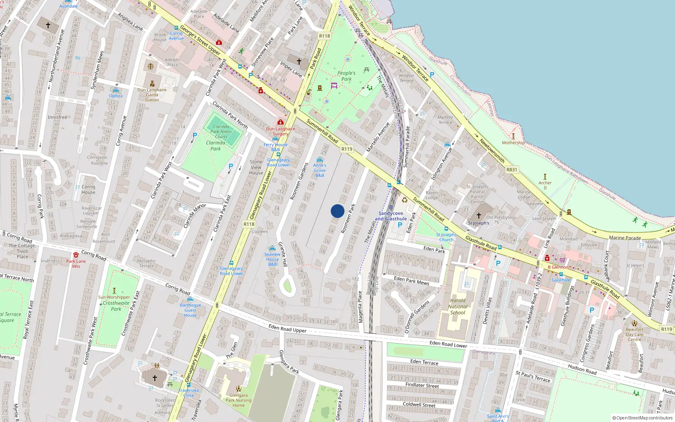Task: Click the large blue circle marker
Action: coord(337,211)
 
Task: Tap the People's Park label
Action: coord(346,76)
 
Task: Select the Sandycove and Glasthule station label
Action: coord(391,216)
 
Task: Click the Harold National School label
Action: coord(458,307)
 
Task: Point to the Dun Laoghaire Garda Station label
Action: coord(152,95)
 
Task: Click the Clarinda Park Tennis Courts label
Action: coord(221,131)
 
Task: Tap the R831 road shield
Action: coord(512,170)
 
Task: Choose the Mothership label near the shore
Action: coord(513,143)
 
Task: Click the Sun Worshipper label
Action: coord(114,297)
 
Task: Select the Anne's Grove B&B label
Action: coord(320,170)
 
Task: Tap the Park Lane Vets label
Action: coord(76,264)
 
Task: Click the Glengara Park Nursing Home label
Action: coord(238,400)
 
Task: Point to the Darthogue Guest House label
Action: coord(190,310)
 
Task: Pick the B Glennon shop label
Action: coord(558,267)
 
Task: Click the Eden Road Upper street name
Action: coord(287,328)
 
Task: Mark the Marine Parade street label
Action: coord(625,238)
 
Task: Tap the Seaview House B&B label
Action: coord(273,259)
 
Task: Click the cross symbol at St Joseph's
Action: coord(478,216)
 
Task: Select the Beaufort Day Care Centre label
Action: coord(634,334)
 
